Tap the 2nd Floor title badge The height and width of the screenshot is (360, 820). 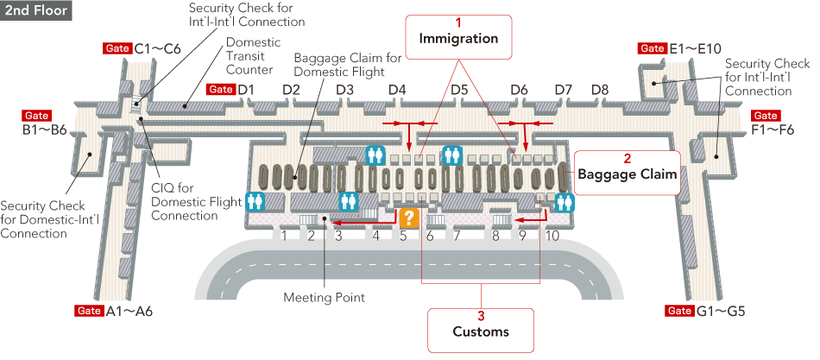[36, 11]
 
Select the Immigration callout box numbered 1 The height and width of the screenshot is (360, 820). [458, 35]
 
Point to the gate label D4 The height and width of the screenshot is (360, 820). [397, 90]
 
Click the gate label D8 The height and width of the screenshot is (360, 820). [600, 90]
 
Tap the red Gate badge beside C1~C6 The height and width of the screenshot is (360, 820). [117, 48]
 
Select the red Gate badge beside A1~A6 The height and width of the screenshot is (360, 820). [89, 311]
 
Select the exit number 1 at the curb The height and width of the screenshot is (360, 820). [283, 236]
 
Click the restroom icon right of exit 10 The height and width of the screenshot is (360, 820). [565, 203]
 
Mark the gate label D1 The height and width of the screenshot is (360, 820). [245, 90]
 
